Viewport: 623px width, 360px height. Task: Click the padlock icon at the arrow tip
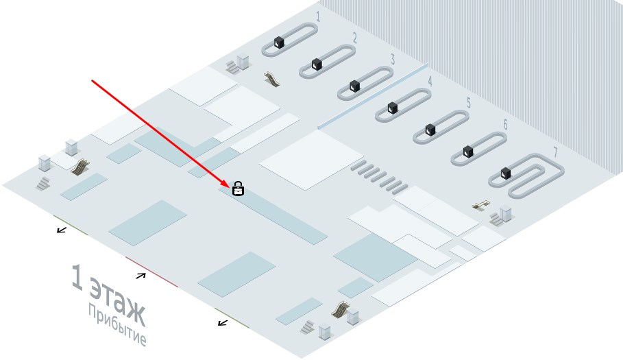click(x=238, y=188)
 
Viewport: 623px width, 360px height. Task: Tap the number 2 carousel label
click(x=354, y=37)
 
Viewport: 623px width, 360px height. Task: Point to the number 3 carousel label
click(x=392, y=59)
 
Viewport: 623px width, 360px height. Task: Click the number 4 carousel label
click(x=430, y=82)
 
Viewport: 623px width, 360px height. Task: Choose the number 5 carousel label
click(x=468, y=103)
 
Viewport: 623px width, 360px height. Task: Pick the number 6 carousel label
click(x=505, y=125)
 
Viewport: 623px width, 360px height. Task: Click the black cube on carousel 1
click(x=279, y=43)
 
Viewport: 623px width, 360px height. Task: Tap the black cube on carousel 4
click(x=393, y=108)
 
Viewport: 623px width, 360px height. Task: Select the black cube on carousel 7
click(x=506, y=173)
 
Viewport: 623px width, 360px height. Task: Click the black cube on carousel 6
click(x=468, y=152)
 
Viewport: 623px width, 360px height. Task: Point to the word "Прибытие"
click(x=117, y=326)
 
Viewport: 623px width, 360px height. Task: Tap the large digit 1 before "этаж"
click(x=78, y=278)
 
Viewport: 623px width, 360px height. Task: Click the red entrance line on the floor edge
click(x=151, y=272)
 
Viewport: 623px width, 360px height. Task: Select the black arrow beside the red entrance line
click(x=141, y=276)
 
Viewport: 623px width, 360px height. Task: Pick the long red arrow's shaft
click(x=158, y=130)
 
